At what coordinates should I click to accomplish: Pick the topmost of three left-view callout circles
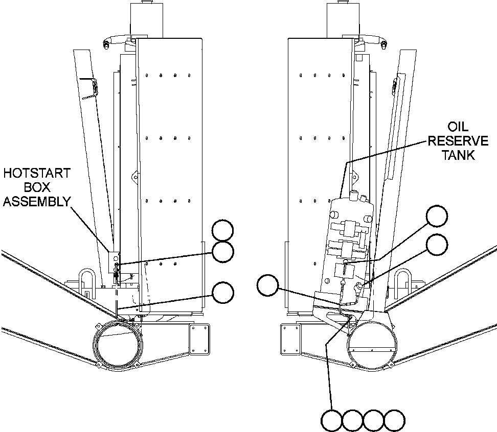[223, 231]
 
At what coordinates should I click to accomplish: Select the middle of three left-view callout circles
[223, 252]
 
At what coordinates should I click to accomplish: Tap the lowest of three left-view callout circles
[223, 293]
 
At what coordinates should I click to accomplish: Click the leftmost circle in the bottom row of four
[331, 420]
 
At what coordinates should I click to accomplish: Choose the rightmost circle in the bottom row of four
[394, 420]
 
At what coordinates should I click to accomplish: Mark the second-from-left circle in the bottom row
[352, 420]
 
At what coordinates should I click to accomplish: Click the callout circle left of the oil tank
[267, 285]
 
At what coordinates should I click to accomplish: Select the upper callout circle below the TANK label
[436, 216]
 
